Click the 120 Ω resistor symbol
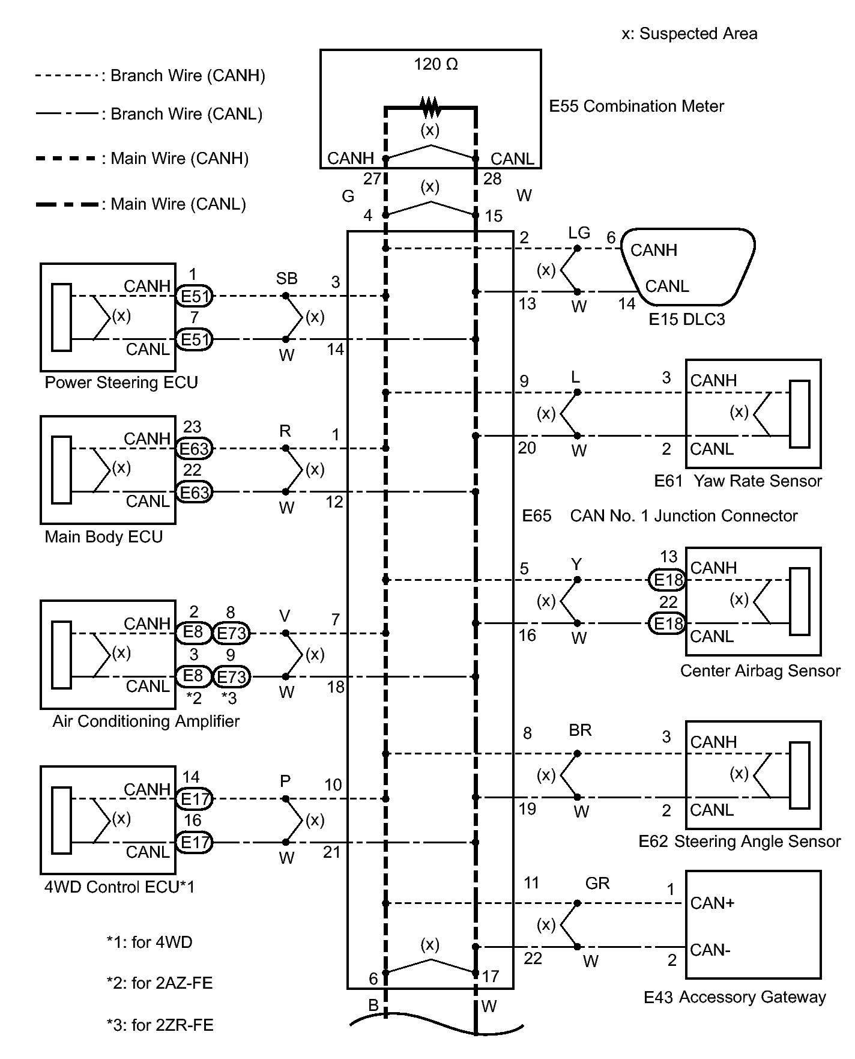(430, 108)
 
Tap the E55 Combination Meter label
(636, 106)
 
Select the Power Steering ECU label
(121, 383)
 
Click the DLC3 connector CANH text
(653, 250)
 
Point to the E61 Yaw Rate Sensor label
(738, 481)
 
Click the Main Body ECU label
(104, 536)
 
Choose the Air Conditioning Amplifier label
(146, 721)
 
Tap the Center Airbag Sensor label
(760, 671)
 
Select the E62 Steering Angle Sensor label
(739, 842)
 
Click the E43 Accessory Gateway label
(735, 997)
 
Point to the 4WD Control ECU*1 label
(119, 887)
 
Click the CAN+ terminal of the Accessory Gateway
(712, 903)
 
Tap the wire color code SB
(286, 279)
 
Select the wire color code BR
(580, 730)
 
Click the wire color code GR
(597, 883)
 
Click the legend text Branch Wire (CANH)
(187, 76)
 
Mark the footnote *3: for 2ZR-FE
(160, 1025)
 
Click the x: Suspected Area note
(689, 34)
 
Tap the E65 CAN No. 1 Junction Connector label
(659, 516)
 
